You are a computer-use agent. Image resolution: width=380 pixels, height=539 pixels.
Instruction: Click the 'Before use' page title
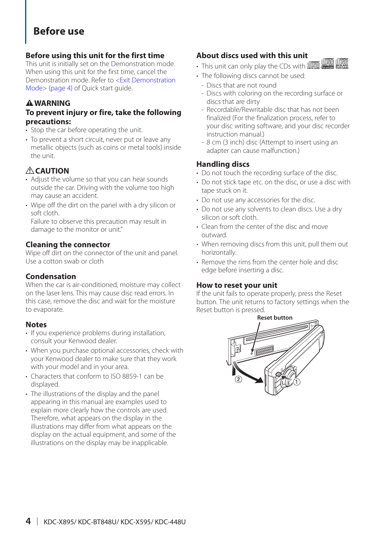[59, 31]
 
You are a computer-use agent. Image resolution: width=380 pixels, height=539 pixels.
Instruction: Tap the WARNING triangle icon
[29, 103]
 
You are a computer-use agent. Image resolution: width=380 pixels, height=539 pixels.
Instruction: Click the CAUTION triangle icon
[30, 170]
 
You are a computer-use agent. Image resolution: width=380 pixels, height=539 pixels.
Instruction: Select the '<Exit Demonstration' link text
[145, 80]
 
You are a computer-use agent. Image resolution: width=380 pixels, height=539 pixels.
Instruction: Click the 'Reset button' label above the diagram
[274, 318]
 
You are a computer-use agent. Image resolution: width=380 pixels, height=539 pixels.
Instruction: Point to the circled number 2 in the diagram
[238, 379]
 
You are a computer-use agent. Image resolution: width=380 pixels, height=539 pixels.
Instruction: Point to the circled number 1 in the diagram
[297, 382]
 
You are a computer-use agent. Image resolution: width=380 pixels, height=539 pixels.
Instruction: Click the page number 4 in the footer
[28, 521]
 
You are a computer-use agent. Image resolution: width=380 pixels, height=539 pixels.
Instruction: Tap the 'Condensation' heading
[51, 276]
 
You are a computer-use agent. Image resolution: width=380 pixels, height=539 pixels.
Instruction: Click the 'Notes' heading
[36, 324]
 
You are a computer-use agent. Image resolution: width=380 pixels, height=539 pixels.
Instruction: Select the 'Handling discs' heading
[223, 164]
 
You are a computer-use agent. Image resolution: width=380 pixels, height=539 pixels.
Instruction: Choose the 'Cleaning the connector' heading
[68, 244]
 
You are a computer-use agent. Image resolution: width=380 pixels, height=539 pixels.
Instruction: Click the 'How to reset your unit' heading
[237, 285]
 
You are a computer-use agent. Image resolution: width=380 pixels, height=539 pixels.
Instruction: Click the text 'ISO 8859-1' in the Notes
[121, 376]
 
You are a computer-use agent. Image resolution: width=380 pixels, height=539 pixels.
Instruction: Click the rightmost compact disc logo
[342, 63]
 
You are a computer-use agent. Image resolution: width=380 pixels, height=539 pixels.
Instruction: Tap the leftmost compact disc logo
[313, 64]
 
